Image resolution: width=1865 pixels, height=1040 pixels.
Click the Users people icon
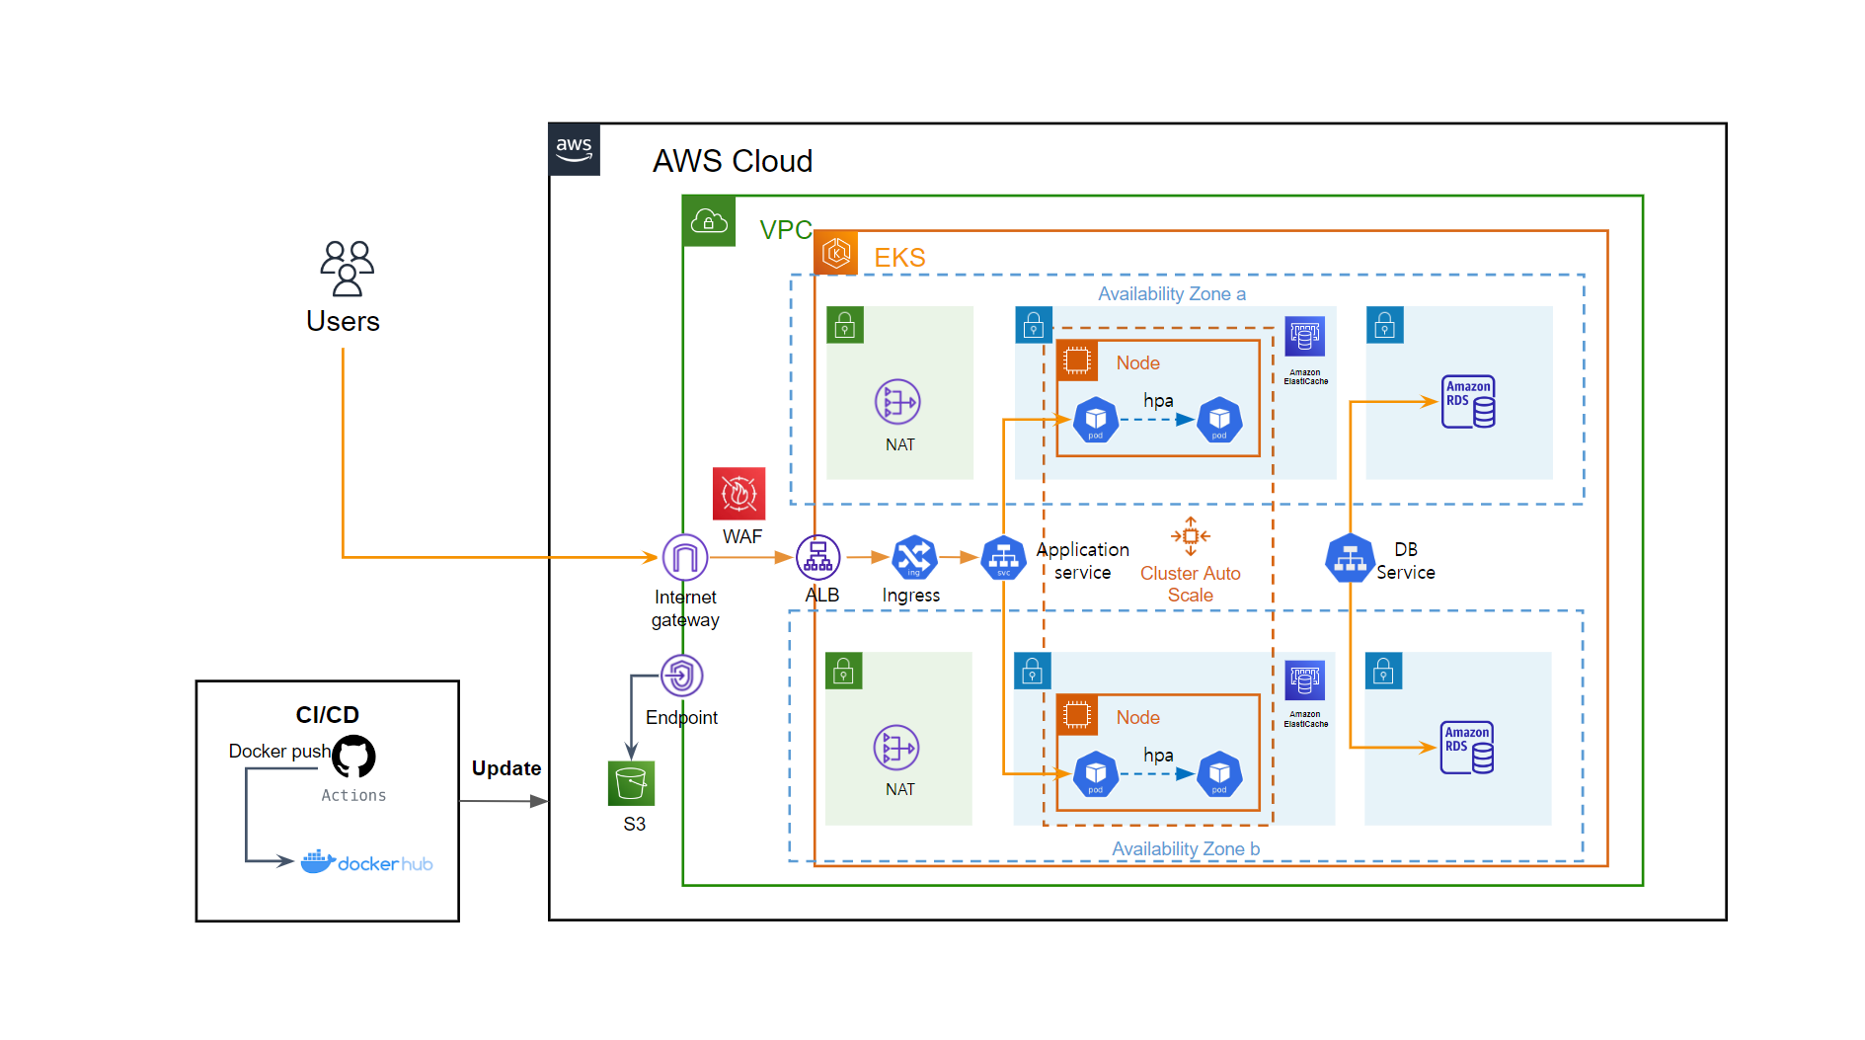[x=347, y=268]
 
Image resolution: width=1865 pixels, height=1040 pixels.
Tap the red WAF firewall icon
[x=738, y=493]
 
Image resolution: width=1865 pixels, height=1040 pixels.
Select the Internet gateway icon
[x=684, y=558]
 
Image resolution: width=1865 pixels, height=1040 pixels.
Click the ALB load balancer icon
[x=817, y=558]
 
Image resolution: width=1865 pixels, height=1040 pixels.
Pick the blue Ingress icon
[x=914, y=558]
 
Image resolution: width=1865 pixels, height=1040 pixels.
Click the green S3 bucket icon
[x=631, y=783]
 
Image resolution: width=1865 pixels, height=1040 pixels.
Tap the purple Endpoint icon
[x=681, y=677]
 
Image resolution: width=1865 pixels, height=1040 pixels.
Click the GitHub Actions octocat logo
[x=353, y=758]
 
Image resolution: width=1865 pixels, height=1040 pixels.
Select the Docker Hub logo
[x=366, y=862]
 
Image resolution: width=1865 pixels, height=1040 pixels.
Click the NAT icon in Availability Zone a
[x=896, y=402]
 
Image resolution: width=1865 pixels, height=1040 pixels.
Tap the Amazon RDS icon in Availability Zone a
[x=1468, y=401]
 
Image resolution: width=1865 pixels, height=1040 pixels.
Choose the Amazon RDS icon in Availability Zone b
[x=1467, y=747]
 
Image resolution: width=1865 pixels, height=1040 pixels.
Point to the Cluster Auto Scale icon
[x=1190, y=536]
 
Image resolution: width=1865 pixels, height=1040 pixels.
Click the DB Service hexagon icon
[x=1350, y=559]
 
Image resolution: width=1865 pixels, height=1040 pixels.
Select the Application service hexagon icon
[x=1003, y=558]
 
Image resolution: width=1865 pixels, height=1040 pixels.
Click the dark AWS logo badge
[x=575, y=150]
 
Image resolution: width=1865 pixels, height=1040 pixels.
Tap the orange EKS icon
[x=836, y=254]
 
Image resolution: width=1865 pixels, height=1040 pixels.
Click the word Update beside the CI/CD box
[x=505, y=768]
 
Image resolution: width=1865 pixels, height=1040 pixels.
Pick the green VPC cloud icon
[x=709, y=221]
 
